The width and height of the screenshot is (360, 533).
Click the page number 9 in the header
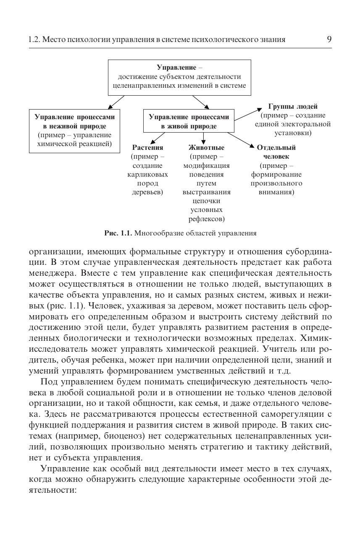point(329,39)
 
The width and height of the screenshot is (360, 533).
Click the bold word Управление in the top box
point(176,67)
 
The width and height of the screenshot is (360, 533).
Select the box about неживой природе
point(74,131)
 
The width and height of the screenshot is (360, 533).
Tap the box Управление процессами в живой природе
point(189,121)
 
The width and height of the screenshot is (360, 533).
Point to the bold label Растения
point(147,148)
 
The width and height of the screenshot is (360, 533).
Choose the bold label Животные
point(206,148)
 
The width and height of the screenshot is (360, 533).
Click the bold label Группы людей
point(293,107)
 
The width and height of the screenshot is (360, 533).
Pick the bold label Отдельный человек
point(276,152)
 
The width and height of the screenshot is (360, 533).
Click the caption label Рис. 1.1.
point(118,233)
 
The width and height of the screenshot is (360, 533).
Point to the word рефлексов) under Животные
point(206,219)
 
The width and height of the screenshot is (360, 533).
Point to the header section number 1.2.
point(34,40)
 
